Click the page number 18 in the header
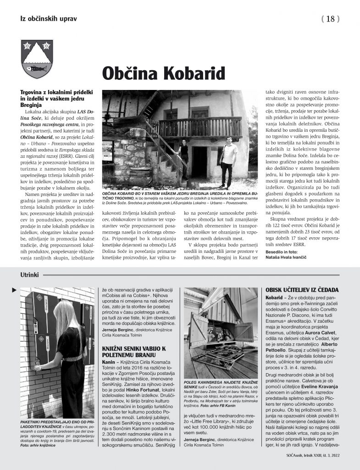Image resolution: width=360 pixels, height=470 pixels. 330,19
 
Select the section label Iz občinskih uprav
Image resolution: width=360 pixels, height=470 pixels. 48,19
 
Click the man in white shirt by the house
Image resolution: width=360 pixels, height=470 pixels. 227,161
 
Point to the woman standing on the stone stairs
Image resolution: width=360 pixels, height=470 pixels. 184,159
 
